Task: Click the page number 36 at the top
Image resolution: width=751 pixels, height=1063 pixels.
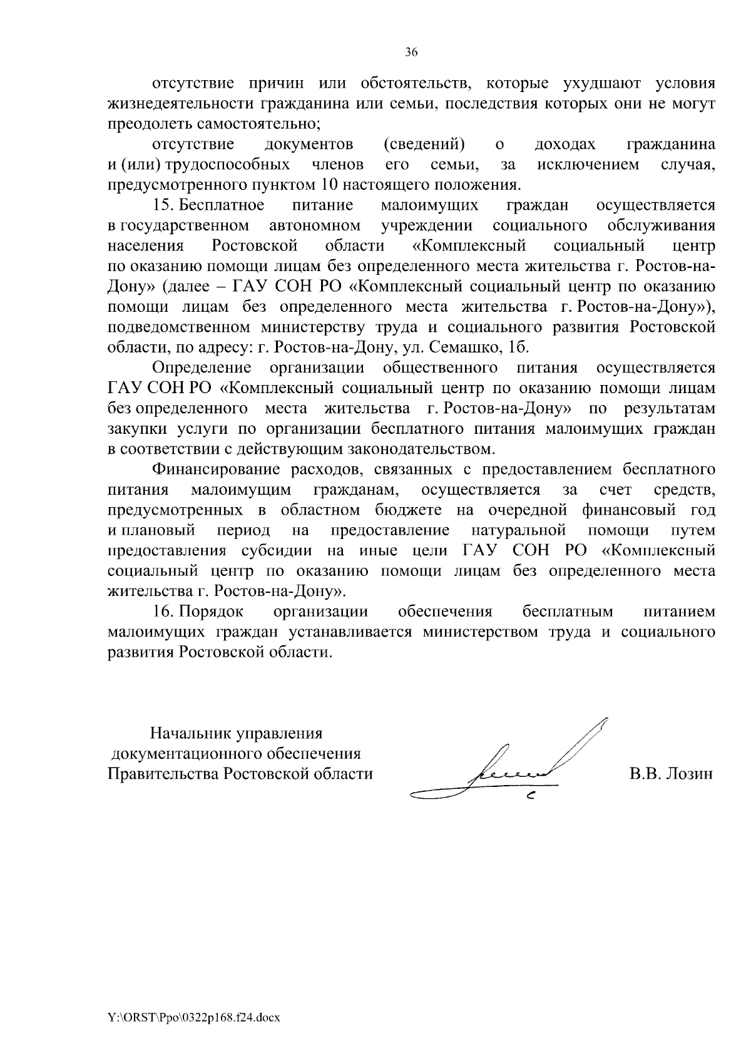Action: pyautogui.click(x=411, y=53)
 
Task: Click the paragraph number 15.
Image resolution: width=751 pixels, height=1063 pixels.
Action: pyautogui.click(x=163, y=205)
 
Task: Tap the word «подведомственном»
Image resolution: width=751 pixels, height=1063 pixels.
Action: pyautogui.click(x=178, y=327)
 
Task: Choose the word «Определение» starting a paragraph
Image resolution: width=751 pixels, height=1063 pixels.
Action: pyautogui.click(x=202, y=367)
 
